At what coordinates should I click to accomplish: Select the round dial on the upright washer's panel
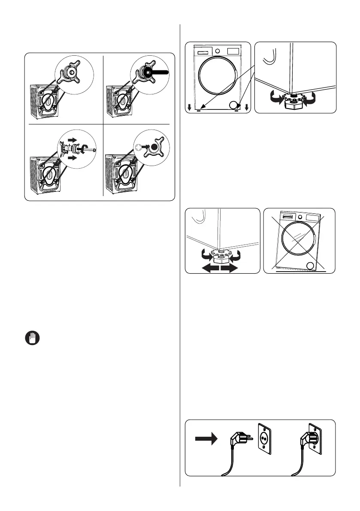click(217, 51)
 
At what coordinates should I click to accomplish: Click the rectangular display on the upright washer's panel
click(232, 51)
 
